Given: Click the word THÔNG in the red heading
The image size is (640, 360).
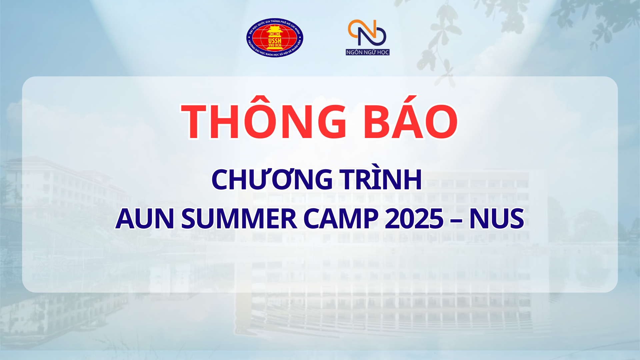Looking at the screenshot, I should pyautogui.click(x=263, y=122).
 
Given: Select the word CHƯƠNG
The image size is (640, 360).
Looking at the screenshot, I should pyautogui.click(x=272, y=180).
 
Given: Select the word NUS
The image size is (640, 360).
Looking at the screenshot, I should pyautogui.click(x=497, y=219).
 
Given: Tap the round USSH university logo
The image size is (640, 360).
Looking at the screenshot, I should pyautogui.click(x=275, y=38).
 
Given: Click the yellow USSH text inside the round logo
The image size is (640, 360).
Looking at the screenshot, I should pyautogui.click(x=275, y=41).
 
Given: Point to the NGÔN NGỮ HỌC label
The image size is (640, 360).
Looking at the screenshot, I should pyautogui.click(x=368, y=52).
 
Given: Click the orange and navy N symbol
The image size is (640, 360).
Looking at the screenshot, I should pyautogui.click(x=367, y=32).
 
